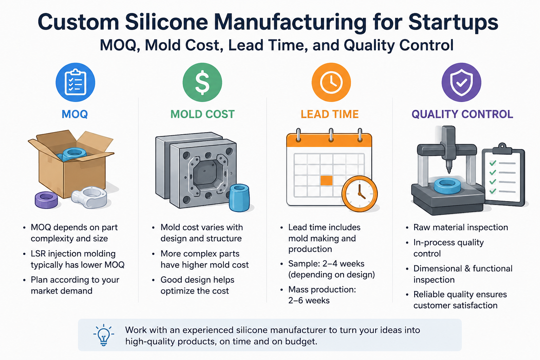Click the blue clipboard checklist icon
[x=76, y=83]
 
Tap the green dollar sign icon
[x=202, y=83]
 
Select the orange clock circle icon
[x=331, y=83]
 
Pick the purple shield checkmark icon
[x=461, y=83]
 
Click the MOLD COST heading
[x=202, y=114]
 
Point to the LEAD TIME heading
[x=330, y=114]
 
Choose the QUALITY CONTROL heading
[x=462, y=114]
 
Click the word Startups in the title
[x=454, y=22]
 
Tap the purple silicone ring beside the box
[x=46, y=200]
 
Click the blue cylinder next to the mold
[x=239, y=198]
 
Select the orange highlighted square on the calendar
[x=327, y=181]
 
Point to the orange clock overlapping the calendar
[x=360, y=194]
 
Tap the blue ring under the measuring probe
[x=448, y=186]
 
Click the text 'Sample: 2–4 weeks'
[x=326, y=264]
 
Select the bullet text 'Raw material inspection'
[x=461, y=227]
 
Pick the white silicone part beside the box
[x=89, y=197]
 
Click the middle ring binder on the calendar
[x=331, y=135]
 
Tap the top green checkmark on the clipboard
[x=493, y=163]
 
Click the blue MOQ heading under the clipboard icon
[x=75, y=114]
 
